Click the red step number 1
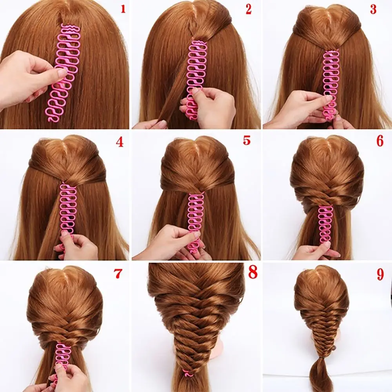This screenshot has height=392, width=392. point(123,8)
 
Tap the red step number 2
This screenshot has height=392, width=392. point(249,9)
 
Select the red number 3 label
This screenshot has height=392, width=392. point(374,9)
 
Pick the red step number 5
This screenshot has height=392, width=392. point(247,140)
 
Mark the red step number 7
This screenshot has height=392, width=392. point(118,274)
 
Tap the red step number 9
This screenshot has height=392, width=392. point(380,275)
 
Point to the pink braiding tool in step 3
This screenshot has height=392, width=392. point(330,82)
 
